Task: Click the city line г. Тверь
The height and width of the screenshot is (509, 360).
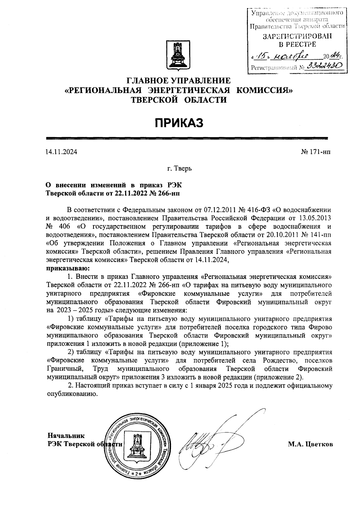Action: (x=179, y=169)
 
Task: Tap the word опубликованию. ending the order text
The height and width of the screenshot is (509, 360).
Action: (x=73, y=394)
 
